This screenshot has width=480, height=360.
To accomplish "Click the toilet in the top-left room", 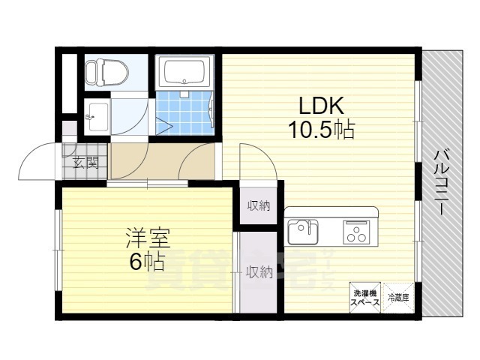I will pyautogui.click(x=105, y=72).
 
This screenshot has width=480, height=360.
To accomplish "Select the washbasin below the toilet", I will pyautogui.click(x=96, y=116).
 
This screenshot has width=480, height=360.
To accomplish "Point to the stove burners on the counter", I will pyautogui.click(x=355, y=232).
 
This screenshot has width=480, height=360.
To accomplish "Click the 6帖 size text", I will pyautogui.click(x=147, y=262).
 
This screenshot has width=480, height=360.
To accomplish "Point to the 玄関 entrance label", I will pyautogui.click(x=85, y=161).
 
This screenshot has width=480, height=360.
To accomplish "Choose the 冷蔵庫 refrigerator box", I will pyautogui.click(x=397, y=298).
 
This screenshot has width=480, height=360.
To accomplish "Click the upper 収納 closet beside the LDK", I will pyautogui.click(x=258, y=205).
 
